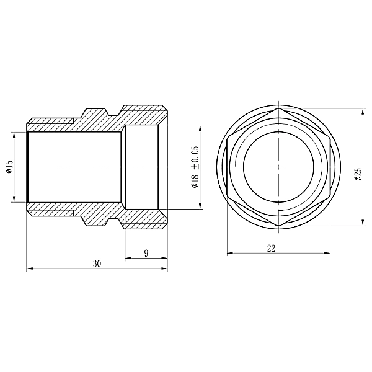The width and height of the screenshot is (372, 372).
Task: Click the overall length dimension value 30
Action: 97,263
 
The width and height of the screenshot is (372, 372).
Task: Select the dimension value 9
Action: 145,252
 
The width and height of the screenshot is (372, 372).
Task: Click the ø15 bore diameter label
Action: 9,167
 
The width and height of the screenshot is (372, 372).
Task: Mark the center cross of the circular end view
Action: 279,167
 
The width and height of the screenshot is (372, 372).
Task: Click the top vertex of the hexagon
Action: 279,108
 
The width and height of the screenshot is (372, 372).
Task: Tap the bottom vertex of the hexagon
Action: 279,226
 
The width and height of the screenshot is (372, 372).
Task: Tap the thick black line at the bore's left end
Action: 27,167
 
